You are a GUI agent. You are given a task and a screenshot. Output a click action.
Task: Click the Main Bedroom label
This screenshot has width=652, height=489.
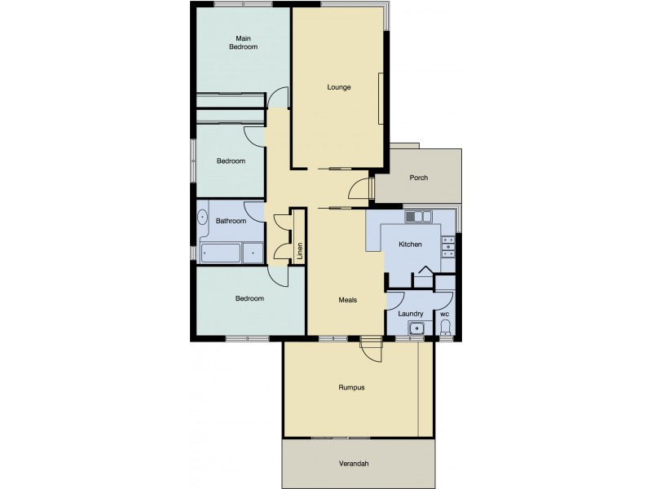[x=242, y=42]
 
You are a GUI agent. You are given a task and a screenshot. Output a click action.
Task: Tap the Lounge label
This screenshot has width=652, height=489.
[x=338, y=87]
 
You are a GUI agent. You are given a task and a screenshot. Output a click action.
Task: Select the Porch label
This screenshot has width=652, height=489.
[x=418, y=178]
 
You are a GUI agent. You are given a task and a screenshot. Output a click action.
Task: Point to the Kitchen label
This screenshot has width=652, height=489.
[x=409, y=244]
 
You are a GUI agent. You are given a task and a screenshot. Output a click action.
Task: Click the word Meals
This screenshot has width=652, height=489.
[x=348, y=299]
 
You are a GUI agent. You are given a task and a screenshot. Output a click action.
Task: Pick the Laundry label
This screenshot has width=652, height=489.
[x=410, y=313]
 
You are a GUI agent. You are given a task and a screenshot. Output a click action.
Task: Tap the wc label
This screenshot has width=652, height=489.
[x=444, y=313]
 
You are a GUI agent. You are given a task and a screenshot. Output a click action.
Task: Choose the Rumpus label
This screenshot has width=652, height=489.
[x=351, y=387]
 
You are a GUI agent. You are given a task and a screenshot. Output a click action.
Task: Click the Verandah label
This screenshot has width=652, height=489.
[x=354, y=464]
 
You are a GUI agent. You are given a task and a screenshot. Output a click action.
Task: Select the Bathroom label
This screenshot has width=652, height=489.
[x=231, y=221]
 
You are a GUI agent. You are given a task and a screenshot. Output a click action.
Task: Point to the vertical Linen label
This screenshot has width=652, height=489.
[x=299, y=250]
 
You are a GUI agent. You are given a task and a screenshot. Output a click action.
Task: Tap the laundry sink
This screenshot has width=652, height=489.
[x=416, y=328]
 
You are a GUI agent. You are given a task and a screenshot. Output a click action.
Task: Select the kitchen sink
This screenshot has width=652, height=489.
[x=418, y=217]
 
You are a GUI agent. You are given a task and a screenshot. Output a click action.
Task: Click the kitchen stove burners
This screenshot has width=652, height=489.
[x=447, y=245]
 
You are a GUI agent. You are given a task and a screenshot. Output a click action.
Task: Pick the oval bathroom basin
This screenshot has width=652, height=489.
[x=203, y=218]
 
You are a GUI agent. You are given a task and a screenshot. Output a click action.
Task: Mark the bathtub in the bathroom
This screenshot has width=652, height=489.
[x=220, y=253]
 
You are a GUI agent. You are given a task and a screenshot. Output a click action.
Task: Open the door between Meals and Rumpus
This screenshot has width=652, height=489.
[x=371, y=349]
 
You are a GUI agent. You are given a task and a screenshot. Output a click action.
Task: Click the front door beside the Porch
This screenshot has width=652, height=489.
[x=359, y=190]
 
